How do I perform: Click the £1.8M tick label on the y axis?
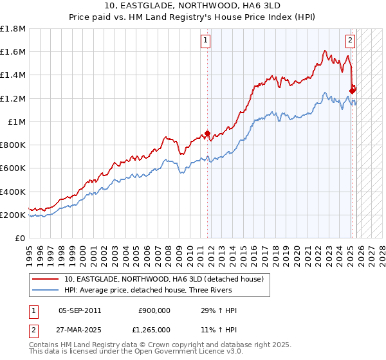pyautogui.click(x=14, y=29)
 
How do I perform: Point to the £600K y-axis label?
pyautogui.click(x=13, y=168)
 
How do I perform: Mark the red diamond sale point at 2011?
pyautogui.click(x=207, y=134)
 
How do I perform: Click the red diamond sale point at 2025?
pyautogui.click(x=353, y=91)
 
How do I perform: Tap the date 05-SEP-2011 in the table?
pyautogui.click(x=80, y=310)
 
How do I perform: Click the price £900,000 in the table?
pyautogui.click(x=154, y=310)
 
